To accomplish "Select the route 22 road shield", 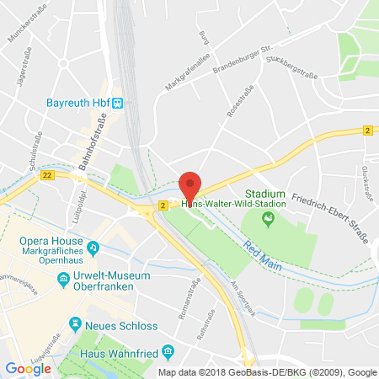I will pyautogui.click(x=46, y=175).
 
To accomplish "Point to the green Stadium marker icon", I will pyautogui.click(x=269, y=220).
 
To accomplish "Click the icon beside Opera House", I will pyautogui.click(x=93, y=248).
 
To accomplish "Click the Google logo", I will pyautogui.click(x=28, y=368).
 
